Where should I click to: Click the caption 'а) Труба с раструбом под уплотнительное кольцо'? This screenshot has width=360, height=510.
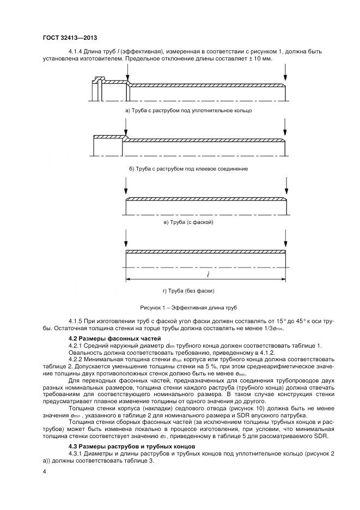coord(188,111)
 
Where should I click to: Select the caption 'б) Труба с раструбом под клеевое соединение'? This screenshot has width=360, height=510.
coord(188,169)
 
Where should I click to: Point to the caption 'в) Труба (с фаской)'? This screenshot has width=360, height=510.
coord(188,223)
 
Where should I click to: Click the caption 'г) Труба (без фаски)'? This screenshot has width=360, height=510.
coord(188,290)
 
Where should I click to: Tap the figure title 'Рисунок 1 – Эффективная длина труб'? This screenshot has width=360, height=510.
coord(188,307)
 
